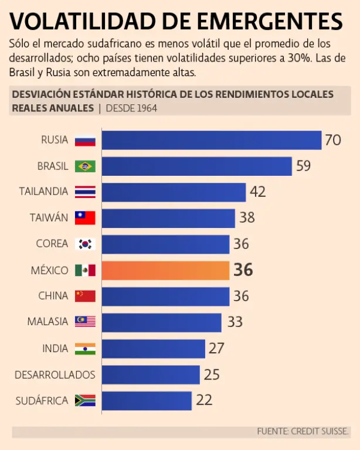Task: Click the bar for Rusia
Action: click(x=211, y=140)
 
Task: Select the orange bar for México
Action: click(x=165, y=270)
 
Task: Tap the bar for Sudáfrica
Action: click(x=147, y=401)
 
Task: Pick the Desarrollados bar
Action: click(x=151, y=374)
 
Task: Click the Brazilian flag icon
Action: click(x=85, y=166)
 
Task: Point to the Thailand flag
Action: click(x=85, y=192)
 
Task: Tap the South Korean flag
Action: click(x=85, y=244)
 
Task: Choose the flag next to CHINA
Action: click(x=85, y=296)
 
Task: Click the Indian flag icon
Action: click(x=85, y=349)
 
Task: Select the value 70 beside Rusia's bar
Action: click(x=333, y=140)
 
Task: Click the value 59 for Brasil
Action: click(x=303, y=166)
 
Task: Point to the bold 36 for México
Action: click(x=243, y=270)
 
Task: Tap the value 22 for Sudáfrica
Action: click(x=204, y=401)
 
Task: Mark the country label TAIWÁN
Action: click(x=49, y=218)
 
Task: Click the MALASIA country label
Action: click(x=48, y=322)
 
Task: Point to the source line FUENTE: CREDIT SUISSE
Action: click(x=303, y=431)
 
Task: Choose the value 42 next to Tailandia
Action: click(x=257, y=192)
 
